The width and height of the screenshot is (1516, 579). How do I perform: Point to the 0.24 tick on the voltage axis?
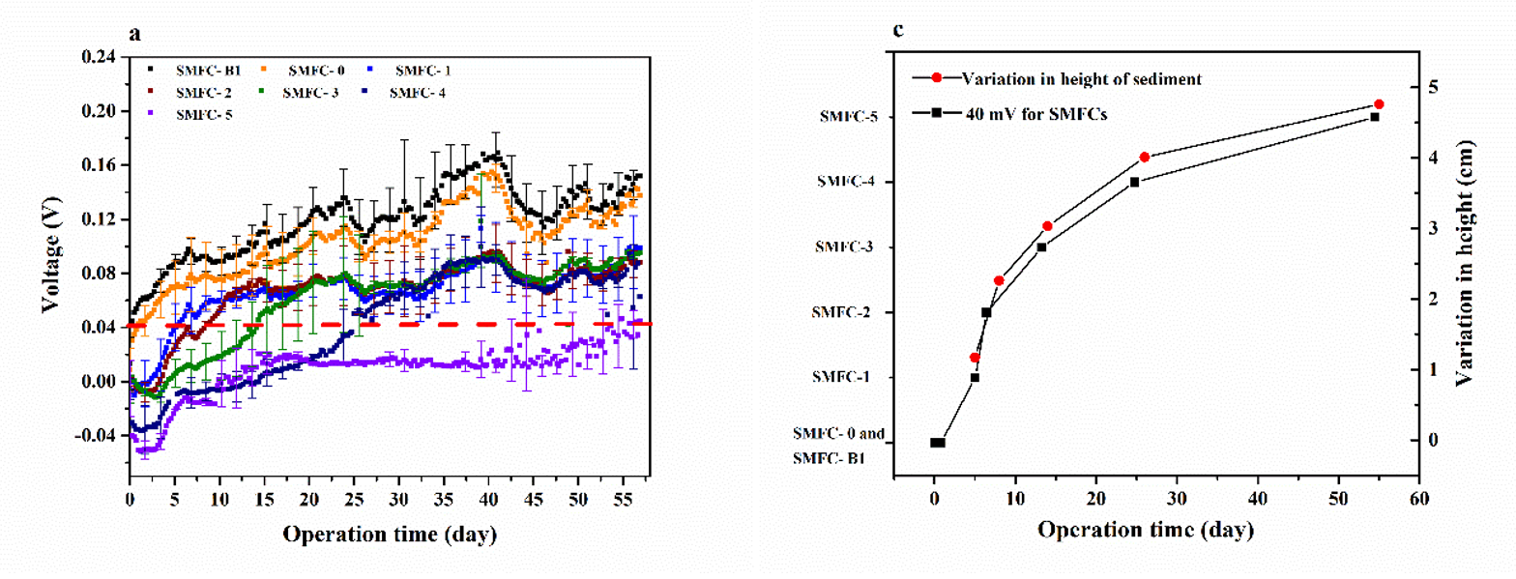[x=101, y=57]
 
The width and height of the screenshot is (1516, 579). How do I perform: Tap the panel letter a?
[x=135, y=34]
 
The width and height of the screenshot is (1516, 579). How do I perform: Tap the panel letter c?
[x=898, y=30]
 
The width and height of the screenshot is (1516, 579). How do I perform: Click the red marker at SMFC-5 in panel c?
[x=1379, y=104]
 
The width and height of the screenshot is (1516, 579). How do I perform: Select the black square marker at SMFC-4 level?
[x=1134, y=182]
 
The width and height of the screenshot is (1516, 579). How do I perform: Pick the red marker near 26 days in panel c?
[x=1145, y=157]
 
